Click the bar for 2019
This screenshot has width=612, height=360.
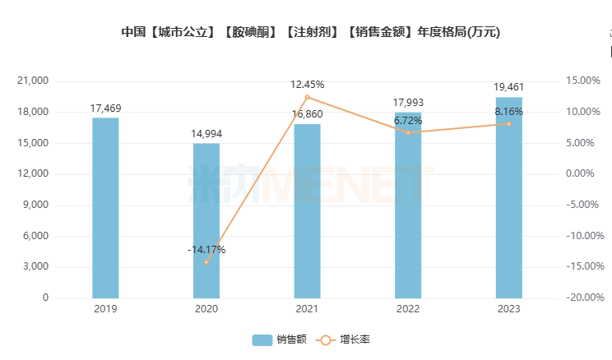(x=105, y=207)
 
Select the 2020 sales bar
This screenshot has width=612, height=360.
(x=206, y=220)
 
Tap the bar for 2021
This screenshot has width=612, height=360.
(x=307, y=210)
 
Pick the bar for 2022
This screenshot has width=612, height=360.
(x=408, y=205)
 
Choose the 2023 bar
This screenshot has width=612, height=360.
(x=508, y=197)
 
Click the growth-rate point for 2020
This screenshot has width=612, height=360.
(x=206, y=262)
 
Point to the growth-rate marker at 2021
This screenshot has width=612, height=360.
(x=307, y=97)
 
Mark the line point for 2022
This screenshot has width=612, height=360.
(x=408, y=132)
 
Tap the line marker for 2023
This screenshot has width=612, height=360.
(x=508, y=123)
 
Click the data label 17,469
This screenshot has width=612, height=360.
(x=105, y=108)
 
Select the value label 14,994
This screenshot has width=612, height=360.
(x=206, y=133)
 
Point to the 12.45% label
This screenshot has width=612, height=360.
(x=307, y=84)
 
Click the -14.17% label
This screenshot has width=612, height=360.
(x=206, y=249)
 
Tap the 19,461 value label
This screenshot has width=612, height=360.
(x=508, y=86)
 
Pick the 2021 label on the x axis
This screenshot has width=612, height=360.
(x=307, y=309)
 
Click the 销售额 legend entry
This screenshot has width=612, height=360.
(x=280, y=339)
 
